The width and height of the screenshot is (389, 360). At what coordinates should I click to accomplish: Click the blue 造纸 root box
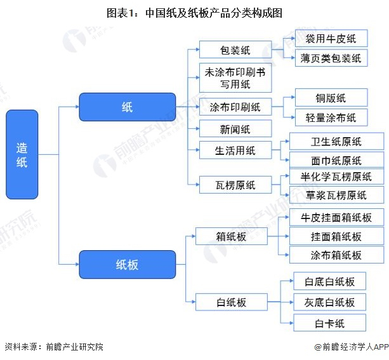(22, 154)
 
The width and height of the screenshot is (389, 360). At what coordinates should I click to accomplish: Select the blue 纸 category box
(128, 107)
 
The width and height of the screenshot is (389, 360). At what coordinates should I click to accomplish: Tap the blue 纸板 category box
(128, 264)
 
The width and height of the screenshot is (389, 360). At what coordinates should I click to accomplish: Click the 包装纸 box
(235, 50)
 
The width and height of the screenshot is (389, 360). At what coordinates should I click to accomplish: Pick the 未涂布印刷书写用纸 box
(235, 77)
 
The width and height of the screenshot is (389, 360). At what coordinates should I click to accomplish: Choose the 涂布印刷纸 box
(235, 107)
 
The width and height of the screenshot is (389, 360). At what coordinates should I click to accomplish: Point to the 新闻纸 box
(235, 129)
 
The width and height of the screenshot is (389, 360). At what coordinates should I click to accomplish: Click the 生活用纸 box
(235, 150)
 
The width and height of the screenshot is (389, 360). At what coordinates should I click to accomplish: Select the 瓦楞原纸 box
(235, 185)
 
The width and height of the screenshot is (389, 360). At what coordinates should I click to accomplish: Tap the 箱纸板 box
(232, 236)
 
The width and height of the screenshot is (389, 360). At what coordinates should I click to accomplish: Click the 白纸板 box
(232, 302)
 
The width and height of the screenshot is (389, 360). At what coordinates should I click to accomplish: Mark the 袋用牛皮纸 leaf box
(331, 38)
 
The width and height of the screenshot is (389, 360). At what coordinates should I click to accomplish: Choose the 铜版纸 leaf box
(331, 97)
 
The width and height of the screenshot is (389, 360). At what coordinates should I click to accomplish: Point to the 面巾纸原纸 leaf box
(337, 160)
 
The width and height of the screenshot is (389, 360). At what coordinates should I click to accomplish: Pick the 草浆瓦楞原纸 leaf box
(337, 195)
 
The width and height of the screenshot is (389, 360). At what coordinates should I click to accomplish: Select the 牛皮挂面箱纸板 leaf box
(337, 217)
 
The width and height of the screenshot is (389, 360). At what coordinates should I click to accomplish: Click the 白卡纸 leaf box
(330, 323)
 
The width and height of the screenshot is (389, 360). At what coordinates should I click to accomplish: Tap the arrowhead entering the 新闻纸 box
(197, 129)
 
